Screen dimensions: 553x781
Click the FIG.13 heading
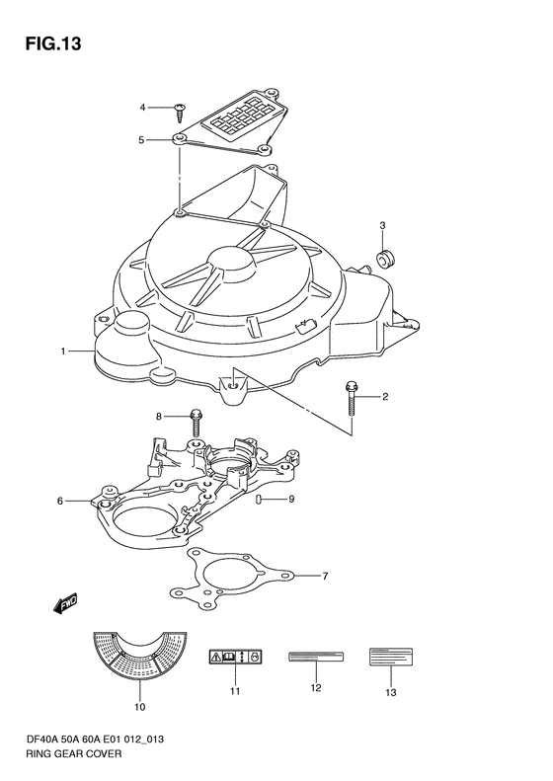(x=53, y=43)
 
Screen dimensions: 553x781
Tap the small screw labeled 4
(x=180, y=113)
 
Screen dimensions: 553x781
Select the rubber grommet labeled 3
(x=385, y=260)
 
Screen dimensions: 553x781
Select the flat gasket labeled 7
(x=230, y=578)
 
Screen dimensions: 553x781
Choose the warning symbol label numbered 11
(x=235, y=657)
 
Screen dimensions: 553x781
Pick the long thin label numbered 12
(x=316, y=657)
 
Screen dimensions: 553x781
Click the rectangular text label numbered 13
(x=391, y=657)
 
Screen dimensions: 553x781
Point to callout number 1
(x=63, y=351)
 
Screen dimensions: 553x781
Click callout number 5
(x=141, y=140)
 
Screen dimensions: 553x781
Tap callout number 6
(x=60, y=501)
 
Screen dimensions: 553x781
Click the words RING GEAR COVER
(x=73, y=753)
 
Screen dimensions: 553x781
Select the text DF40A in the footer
(x=40, y=740)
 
